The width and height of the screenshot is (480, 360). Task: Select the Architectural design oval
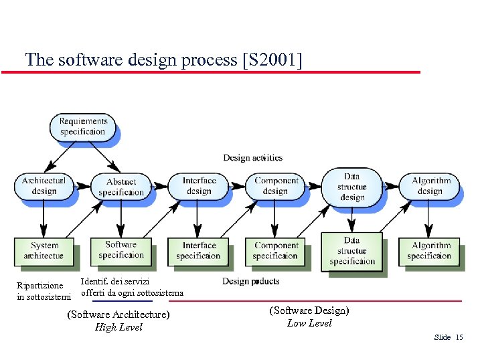(x=44, y=186)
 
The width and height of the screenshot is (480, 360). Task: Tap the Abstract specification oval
(x=121, y=187)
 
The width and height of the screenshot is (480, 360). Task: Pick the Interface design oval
(x=199, y=186)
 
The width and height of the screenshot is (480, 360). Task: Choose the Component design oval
(x=276, y=186)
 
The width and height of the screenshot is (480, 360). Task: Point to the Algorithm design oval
(x=430, y=186)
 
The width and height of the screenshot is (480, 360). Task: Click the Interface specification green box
(x=199, y=250)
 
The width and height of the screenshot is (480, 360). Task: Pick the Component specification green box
(x=276, y=250)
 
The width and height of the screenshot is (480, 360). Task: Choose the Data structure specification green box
(x=351, y=251)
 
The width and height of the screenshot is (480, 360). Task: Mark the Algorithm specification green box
(x=429, y=250)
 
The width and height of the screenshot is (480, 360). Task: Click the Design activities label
(x=252, y=158)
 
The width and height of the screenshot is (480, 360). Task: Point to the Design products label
(x=251, y=281)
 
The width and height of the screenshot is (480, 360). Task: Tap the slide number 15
(x=459, y=337)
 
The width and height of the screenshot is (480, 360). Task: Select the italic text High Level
(x=118, y=327)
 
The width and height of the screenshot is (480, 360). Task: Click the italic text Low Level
(x=309, y=323)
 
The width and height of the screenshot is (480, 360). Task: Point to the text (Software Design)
(x=309, y=310)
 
